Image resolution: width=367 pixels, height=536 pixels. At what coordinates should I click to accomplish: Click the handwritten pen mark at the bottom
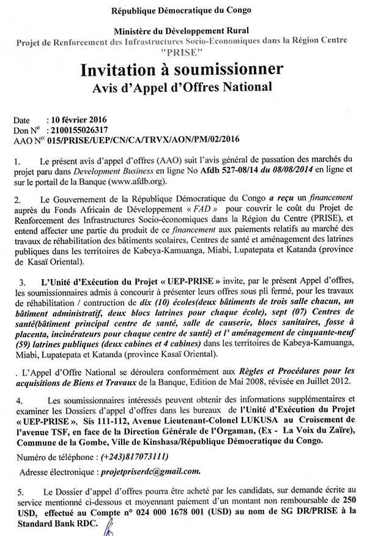coord(109,524)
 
